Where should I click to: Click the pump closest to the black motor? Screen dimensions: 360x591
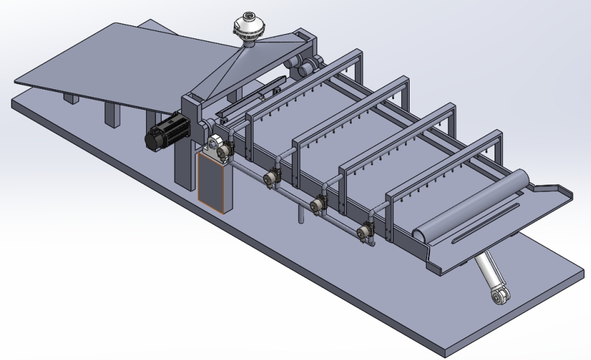(x=224, y=151)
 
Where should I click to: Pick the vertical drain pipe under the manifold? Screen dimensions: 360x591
(x=301, y=213)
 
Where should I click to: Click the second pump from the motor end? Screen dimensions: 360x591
(x=271, y=177)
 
